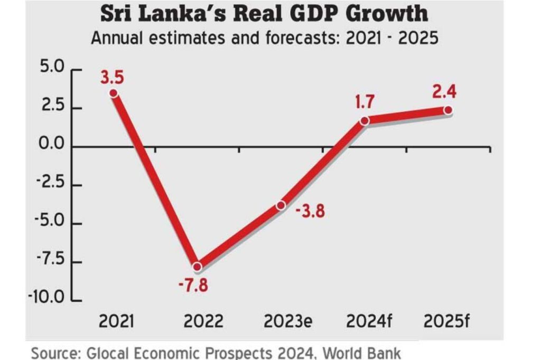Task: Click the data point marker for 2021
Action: click(x=113, y=93)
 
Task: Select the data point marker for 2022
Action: click(x=197, y=267)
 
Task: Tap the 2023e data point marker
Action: click(x=281, y=205)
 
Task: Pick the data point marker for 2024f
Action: click(x=365, y=121)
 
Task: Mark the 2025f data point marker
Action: click(x=448, y=110)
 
